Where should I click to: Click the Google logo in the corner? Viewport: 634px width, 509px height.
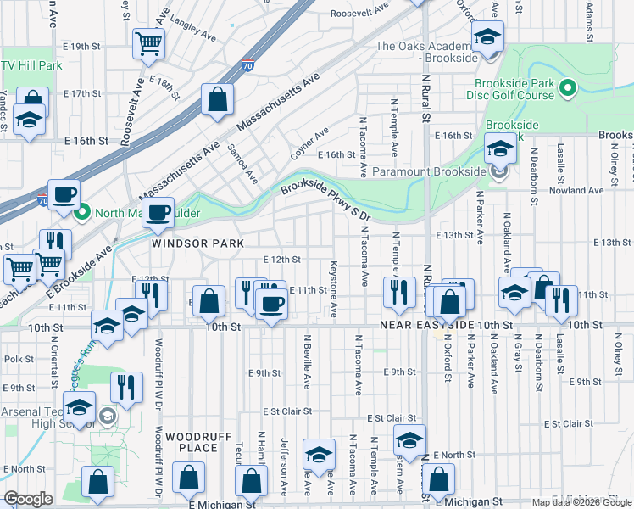click(28, 499)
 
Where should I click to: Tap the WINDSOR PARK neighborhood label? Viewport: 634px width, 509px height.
click(197, 243)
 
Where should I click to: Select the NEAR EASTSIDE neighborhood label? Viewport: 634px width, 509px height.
click(427, 325)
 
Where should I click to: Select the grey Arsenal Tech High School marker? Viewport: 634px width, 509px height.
click(108, 416)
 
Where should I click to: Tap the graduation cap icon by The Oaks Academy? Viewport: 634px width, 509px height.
click(487, 38)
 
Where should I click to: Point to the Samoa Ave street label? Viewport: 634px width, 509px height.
click(242, 162)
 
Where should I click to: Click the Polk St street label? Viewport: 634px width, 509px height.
click(19, 359)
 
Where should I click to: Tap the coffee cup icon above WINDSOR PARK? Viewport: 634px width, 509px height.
click(158, 212)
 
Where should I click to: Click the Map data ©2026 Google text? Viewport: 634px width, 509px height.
click(581, 502)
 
